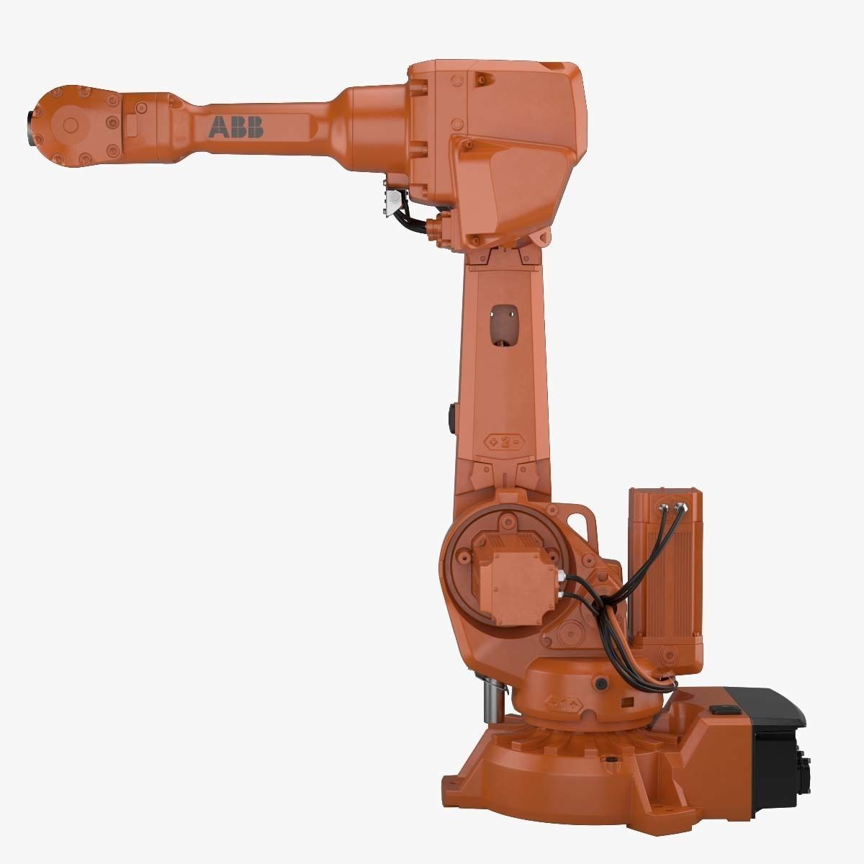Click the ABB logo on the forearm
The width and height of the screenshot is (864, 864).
tap(236, 127)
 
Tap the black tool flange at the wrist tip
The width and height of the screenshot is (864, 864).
tap(32, 122)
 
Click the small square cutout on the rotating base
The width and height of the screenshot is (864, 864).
tap(627, 701)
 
